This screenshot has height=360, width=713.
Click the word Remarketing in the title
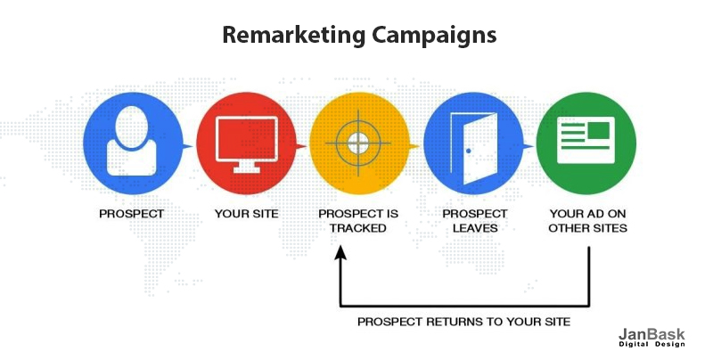(x=294, y=35)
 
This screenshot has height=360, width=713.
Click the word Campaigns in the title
(x=434, y=35)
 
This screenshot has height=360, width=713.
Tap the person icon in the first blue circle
(x=131, y=141)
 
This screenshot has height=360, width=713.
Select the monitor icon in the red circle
(x=247, y=144)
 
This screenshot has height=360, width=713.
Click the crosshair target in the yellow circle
(x=358, y=143)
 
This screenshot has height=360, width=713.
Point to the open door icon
(x=473, y=148)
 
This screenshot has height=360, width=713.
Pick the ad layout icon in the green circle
(x=586, y=140)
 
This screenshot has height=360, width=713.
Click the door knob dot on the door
(x=469, y=151)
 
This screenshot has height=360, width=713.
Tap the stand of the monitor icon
(x=247, y=168)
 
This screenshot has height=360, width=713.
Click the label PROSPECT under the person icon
(x=131, y=214)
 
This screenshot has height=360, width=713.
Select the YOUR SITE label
(x=247, y=214)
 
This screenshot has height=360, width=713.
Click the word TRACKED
(x=358, y=228)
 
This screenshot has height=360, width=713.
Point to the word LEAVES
(x=475, y=228)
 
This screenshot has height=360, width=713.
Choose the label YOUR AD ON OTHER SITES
(x=587, y=220)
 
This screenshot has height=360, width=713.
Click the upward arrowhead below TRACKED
(x=340, y=253)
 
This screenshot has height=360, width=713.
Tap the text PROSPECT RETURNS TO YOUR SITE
(x=463, y=322)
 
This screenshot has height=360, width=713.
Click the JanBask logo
(x=652, y=338)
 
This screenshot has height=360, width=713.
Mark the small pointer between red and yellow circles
(x=301, y=146)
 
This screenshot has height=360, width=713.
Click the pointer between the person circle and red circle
(x=187, y=146)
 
